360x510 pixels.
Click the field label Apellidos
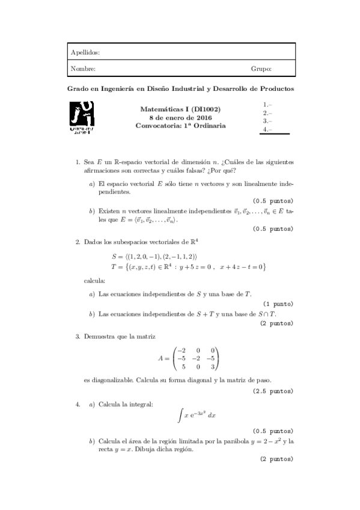point(85,53)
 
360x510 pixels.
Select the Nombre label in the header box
point(83,69)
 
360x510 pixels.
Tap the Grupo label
point(261,69)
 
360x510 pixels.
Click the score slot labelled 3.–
point(268,121)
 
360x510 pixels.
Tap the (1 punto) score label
point(278,304)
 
